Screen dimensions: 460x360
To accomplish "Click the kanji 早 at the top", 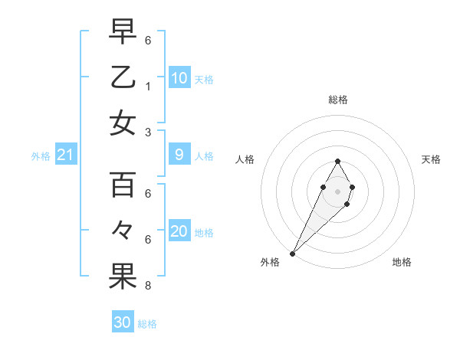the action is click(123, 33).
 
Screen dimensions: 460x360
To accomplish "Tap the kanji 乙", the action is click(123, 77).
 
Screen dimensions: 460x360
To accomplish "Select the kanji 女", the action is click(123, 123).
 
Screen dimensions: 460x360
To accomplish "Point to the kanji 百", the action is click(123, 186).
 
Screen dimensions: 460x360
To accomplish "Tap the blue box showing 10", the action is click(179, 78).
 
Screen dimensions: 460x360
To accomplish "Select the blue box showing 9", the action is click(179, 155).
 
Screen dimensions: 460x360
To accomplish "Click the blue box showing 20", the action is click(179, 232).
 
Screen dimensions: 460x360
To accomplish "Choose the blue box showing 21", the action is click(66, 155).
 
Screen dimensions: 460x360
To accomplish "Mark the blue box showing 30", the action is click(123, 322).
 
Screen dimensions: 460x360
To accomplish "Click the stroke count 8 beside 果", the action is click(147, 286).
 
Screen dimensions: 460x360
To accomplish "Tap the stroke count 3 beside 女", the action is click(147, 133).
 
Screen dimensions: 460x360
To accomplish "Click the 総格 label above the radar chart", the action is click(337, 100).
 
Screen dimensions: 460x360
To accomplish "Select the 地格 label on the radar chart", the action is click(402, 263).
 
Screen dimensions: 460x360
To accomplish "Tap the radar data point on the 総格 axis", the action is click(337, 161).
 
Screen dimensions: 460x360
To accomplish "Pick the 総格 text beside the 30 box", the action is click(147, 324).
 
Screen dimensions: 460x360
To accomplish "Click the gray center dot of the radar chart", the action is click(337, 191).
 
